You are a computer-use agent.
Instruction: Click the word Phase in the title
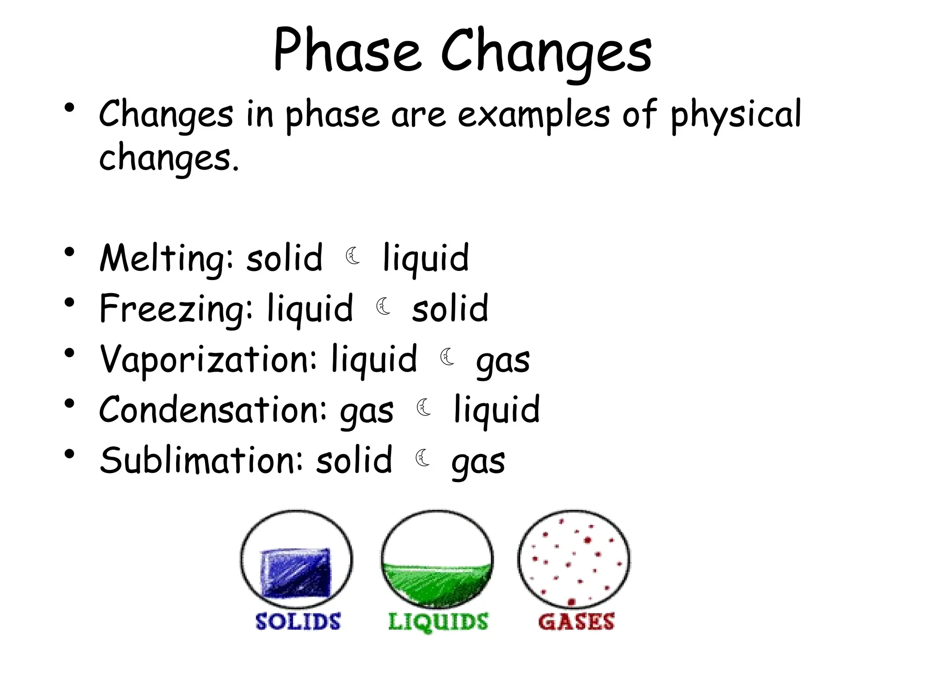click(x=347, y=51)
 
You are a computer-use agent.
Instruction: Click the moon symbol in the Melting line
click(x=353, y=256)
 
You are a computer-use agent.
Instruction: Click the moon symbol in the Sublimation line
click(x=423, y=458)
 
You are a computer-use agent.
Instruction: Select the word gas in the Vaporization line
click(x=502, y=362)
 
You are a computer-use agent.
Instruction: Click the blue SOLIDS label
click(x=298, y=621)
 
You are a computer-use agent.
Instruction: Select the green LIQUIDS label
click(x=438, y=622)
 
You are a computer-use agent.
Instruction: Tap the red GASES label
click(x=576, y=622)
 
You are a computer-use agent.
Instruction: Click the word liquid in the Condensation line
click(x=497, y=411)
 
